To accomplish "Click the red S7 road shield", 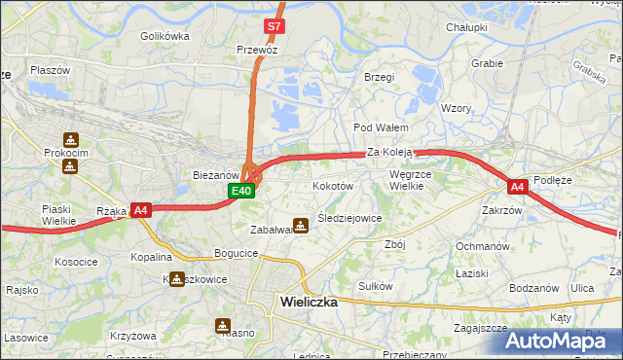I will coord(275,26).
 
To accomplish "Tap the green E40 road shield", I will coord(242,192).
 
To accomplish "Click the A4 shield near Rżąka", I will coord(140,209).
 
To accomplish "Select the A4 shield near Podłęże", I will coord(517,186).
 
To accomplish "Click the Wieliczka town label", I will coord(308,302).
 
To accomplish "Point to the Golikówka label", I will coord(164,36).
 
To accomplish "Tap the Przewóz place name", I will coord(258,48).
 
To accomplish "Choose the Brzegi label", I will coord(379,77).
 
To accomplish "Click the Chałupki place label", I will coord(465,27).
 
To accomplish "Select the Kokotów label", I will coord(332,185).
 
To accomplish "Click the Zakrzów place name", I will coord(502,210).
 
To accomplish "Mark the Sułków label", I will coord(376,286).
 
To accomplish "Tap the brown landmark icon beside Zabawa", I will coord(302,225).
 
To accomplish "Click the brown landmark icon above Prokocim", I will coord(69,140).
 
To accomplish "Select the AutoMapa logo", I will coord(562,341).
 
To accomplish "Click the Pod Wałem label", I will coord(380,127).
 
